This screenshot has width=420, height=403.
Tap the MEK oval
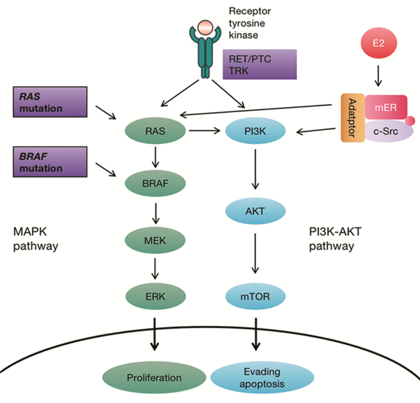tap(154, 243)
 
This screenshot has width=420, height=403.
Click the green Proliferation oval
tap(154, 378)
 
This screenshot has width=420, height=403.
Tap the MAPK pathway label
tap(38, 238)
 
